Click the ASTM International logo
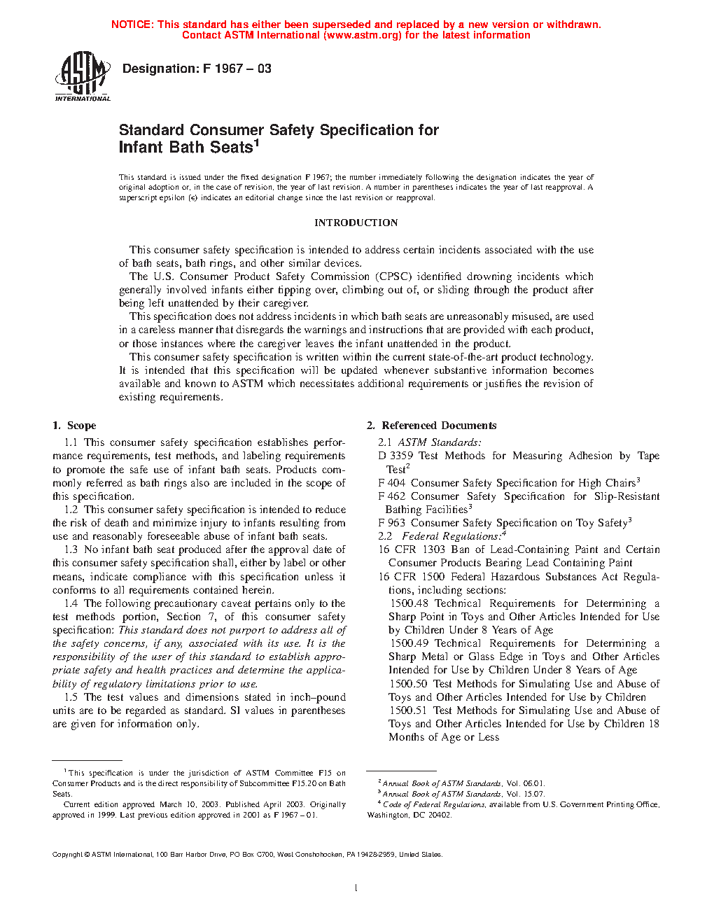click(x=82, y=76)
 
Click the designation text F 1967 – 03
click(x=237, y=69)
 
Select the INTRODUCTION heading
click(x=356, y=223)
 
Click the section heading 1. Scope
click(x=74, y=426)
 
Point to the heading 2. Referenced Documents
click(x=432, y=426)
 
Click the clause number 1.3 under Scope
click(x=71, y=549)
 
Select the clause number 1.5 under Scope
click(x=71, y=697)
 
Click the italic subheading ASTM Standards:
click(x=440, y=442)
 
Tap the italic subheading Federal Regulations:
click(x=451, y=536)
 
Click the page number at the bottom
click(x=356, y=888)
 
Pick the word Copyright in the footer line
click(x=67, y=854)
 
